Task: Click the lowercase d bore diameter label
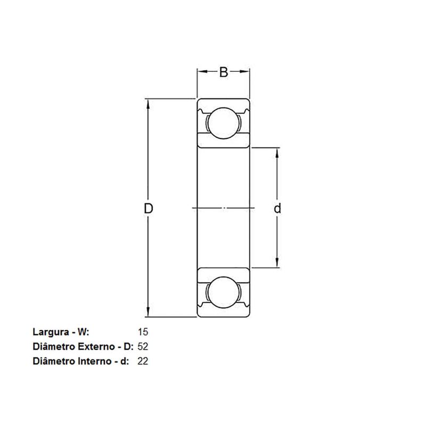pos(277,208)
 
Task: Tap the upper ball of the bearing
pos(224,124)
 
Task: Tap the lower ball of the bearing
pos(224,292)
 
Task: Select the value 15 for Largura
pos(142,331)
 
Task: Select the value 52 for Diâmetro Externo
pos(142,346)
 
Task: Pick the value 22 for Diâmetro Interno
pos(142,361)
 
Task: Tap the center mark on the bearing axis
pos(224,208)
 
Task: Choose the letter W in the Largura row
pos(81,331)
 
